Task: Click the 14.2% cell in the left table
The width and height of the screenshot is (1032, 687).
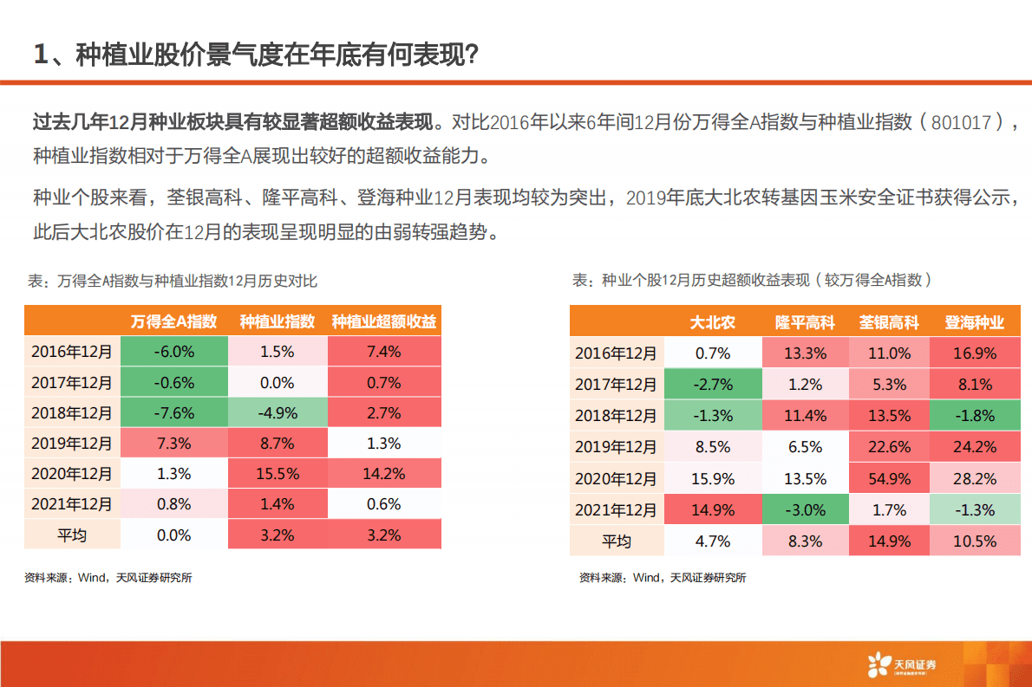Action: (x=384, y=474)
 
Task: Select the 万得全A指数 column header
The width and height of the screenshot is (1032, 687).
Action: (x=173, y=321)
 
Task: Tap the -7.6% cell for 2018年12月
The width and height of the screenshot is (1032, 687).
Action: (x=173, y=413)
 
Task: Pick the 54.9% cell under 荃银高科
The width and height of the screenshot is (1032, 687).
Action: (x=888, y=478)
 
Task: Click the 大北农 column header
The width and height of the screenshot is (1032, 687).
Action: (x=712, y=323)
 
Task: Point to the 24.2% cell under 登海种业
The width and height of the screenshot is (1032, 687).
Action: (x=975, y=447)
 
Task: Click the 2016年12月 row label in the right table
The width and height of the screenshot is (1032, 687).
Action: (x=617, y=353)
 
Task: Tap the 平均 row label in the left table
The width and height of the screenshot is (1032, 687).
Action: (x=72, y=535)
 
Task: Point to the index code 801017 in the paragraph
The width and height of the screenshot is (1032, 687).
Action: (x=961, y=123)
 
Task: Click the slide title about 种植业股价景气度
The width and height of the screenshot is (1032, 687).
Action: (x=256, y=55)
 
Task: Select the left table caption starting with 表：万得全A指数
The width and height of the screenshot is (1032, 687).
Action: (x=173, y=281)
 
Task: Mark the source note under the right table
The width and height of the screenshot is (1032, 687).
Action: (x=663, y=578)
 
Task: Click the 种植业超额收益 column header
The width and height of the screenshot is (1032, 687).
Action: (x=384, y=321)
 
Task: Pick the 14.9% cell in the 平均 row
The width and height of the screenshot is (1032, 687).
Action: (x=888, y=541)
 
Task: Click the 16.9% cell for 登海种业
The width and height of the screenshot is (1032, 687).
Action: (x=975, y=353)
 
